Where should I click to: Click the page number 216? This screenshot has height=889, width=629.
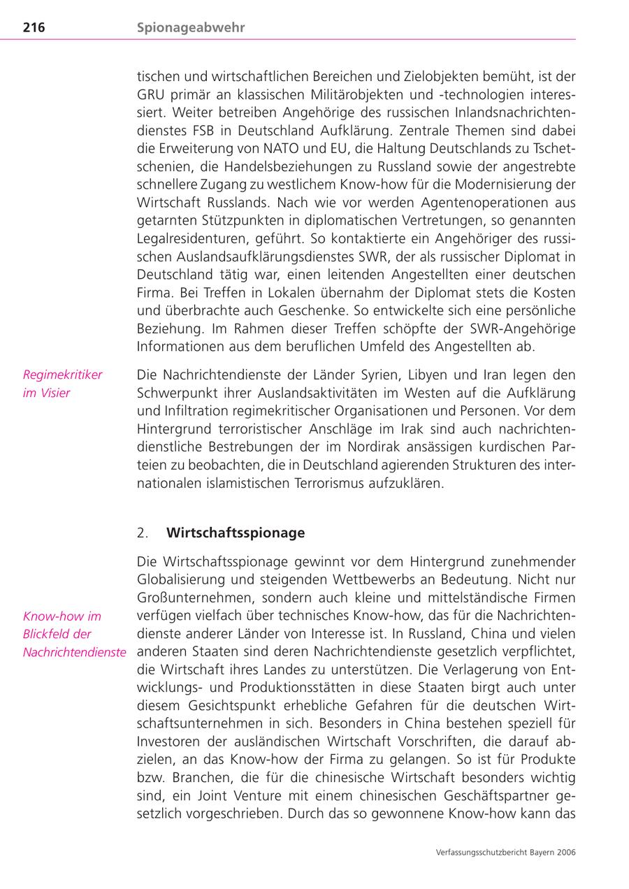[x=34, y=28]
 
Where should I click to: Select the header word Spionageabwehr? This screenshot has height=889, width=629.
[x=191, y=28]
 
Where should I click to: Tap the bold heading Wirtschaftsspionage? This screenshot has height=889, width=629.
[x=236, y=533]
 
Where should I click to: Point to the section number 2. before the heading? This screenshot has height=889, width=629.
[x=143, y=533]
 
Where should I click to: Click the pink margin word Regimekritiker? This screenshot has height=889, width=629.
[x=62, y=375]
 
